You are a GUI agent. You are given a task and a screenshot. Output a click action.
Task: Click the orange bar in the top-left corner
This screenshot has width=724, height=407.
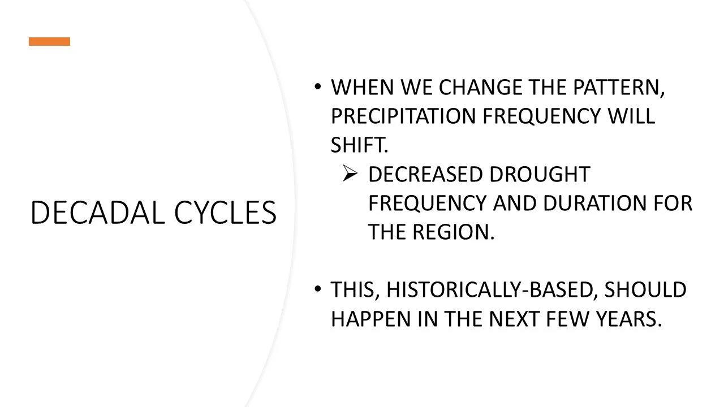pyautogui.click(x=50, y=41)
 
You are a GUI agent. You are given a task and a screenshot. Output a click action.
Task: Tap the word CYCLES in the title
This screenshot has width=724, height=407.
pyautogui.click(x=225, y=213)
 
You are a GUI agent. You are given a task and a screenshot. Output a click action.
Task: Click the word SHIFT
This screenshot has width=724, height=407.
pyautogui.click(x=359, y=145)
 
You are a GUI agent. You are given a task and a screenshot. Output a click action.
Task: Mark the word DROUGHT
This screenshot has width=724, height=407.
pyautogui.click(x=539, y=175)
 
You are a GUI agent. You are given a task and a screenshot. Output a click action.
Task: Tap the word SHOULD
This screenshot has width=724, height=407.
pyautogui.click(x=645, y=290)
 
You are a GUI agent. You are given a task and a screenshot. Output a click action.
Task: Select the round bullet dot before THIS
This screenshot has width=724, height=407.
pyautogui.click(x=317, y=289)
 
